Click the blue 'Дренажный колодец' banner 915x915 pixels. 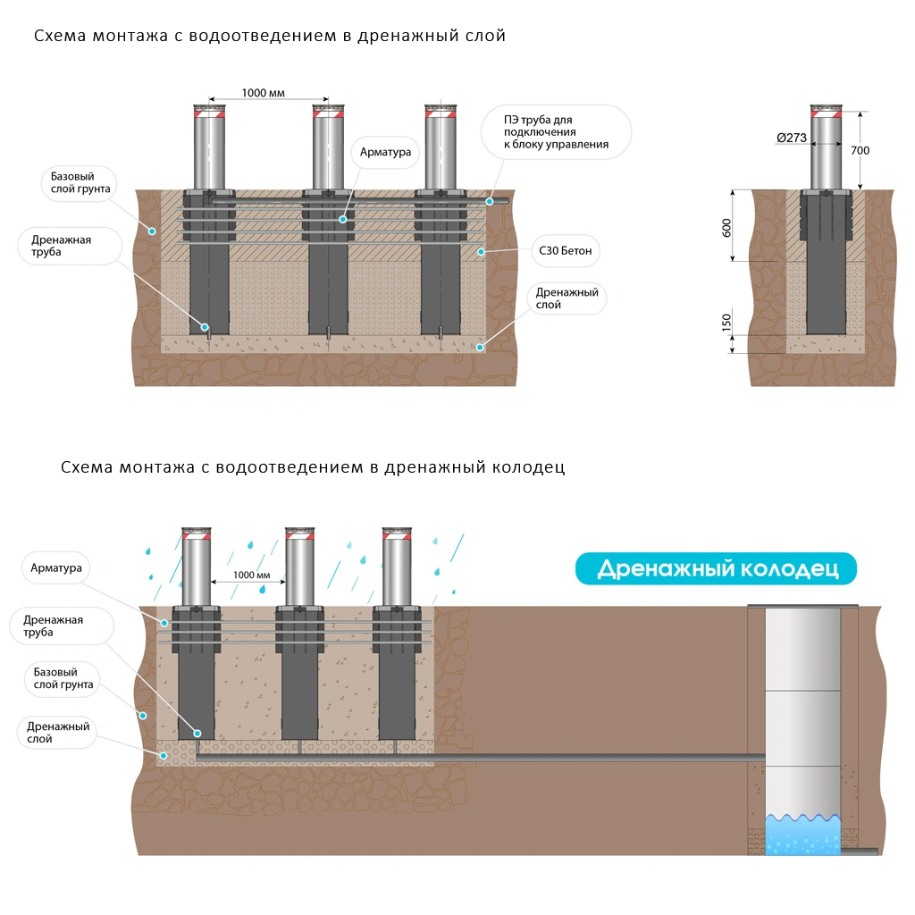click(716, 568)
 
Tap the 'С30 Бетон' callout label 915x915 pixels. click(566, 252)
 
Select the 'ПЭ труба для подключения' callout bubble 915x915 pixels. click(556, 132)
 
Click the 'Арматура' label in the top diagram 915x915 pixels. click(385, 153)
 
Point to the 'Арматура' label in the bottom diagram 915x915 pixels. click(56, 568)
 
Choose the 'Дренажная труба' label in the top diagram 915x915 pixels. click(62, 246)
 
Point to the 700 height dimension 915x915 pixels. click(860, 150)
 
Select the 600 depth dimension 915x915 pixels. click(726, 226)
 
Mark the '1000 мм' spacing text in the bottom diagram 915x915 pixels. click(251, 575)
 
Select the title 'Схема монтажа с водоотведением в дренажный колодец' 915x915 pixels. click(313, 467)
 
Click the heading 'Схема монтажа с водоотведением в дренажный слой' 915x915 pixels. click(270, 37)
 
